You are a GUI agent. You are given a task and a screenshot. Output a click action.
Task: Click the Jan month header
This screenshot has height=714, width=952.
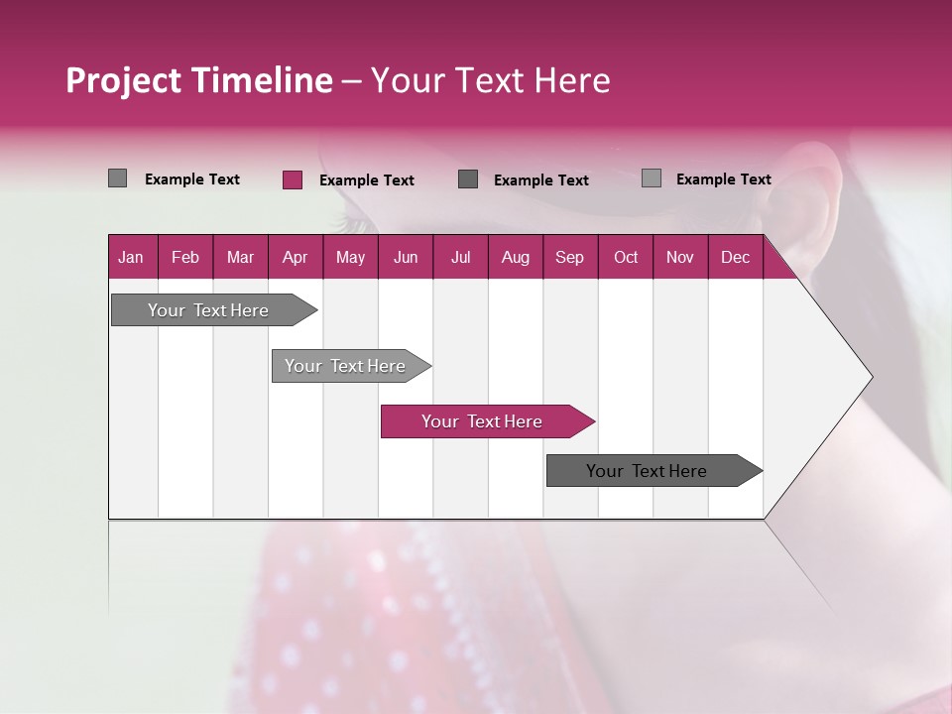(132, 257)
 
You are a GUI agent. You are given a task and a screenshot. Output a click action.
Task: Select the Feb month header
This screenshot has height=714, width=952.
(185, 257)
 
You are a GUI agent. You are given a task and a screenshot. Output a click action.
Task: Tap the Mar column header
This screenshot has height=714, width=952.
(240, 257)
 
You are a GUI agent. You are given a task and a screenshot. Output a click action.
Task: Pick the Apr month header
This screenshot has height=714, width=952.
(295, 257)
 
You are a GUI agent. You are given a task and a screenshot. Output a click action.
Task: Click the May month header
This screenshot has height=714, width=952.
(350, 257)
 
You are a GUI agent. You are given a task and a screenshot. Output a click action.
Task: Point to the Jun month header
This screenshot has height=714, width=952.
(406, 257)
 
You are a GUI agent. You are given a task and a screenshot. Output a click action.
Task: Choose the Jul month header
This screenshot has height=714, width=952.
(460, 257)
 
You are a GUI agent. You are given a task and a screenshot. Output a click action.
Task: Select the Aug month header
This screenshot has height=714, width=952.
(515, 257)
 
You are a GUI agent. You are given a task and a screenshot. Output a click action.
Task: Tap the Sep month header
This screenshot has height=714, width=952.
(569, 257)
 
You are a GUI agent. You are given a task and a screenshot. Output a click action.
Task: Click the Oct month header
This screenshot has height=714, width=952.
(626, 257)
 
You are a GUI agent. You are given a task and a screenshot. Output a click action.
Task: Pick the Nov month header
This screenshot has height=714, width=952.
(680, 257)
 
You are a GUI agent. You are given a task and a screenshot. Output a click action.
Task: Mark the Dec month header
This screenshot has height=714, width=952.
(735, 257)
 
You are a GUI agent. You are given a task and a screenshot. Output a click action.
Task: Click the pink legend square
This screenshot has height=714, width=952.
(292, 179)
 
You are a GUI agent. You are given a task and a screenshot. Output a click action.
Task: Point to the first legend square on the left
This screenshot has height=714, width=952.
(117, 178)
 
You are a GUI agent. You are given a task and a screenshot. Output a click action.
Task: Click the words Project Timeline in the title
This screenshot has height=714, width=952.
(198, 80)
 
